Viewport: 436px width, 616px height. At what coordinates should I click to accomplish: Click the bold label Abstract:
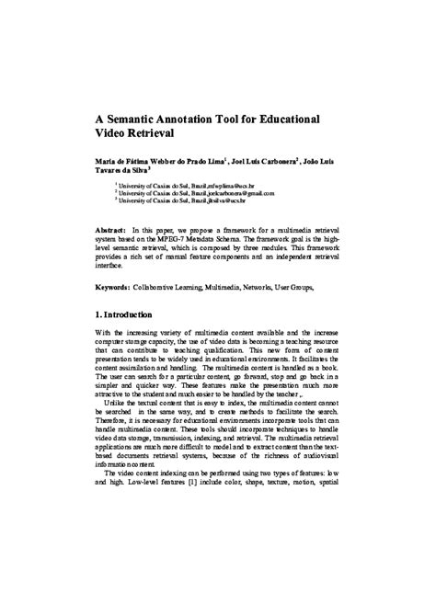[x=113, y=225]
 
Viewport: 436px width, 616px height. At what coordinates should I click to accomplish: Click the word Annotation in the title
[x=204, y=120]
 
